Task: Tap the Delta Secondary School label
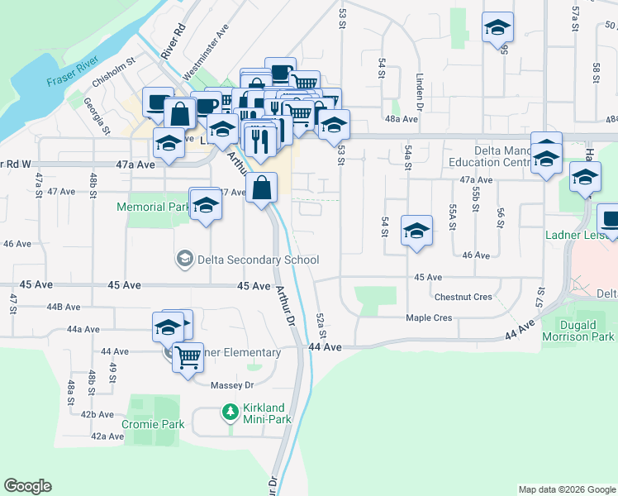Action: pyautogui.click(x=254, y=260)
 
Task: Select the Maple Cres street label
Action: pyautogui.click(x=429, y=317)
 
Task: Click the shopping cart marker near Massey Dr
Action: pyautogui.click(x=188, y=358)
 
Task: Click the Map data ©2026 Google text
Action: pyautogui.click(x=566, y=489)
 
